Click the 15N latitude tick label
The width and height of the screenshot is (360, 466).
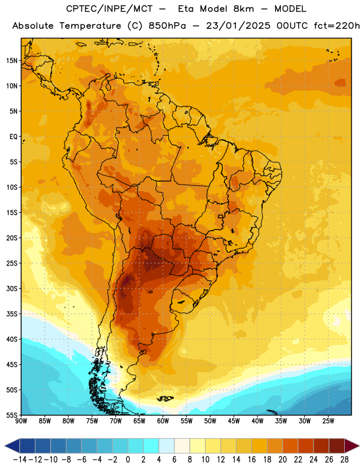pos(12,61)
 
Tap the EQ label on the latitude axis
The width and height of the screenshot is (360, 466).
pos(13,137)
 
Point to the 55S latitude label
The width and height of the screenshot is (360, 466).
pos(12,415)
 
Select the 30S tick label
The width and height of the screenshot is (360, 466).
pos(12,288)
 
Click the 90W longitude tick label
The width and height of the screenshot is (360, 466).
pos(21,421)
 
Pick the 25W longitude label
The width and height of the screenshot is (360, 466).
pos(328,421)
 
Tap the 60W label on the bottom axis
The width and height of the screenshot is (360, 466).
pos(163,421)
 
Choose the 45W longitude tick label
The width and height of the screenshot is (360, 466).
pos(234,421)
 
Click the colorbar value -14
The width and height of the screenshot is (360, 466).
pos(20,460)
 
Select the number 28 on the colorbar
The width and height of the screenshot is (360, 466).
pos(344,460)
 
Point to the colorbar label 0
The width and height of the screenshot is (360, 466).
pos(128,460)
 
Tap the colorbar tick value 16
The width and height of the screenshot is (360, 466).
pos(252,460)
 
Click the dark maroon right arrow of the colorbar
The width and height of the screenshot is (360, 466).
pos(351,446)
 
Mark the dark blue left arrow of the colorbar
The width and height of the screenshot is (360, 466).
pos(12,446)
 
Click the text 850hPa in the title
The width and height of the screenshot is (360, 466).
pos(167,26)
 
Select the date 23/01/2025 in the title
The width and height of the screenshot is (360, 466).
pos(238,26)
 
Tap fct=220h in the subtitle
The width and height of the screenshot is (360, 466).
pos(337,26)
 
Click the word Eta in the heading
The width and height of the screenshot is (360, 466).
pos(186,9)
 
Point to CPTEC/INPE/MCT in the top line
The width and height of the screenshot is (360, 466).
pos(109,9)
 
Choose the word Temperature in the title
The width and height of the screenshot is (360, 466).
pos(90,26)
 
